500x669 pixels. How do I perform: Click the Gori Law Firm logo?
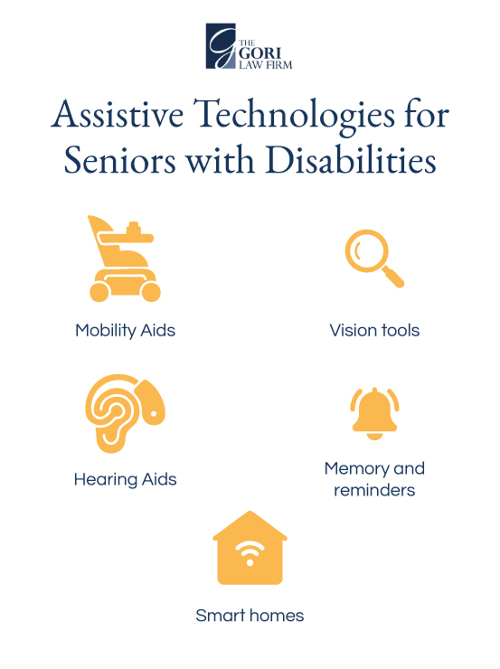coord(250,46)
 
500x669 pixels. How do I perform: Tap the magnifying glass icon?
coord(373,259)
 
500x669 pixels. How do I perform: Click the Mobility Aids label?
coord(125,330)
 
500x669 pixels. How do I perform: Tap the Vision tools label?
coord(374,330)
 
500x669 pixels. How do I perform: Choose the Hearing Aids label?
coord(125,479)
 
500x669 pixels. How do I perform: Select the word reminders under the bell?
coord(374,490)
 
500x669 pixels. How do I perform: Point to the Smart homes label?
coord(250,616)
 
